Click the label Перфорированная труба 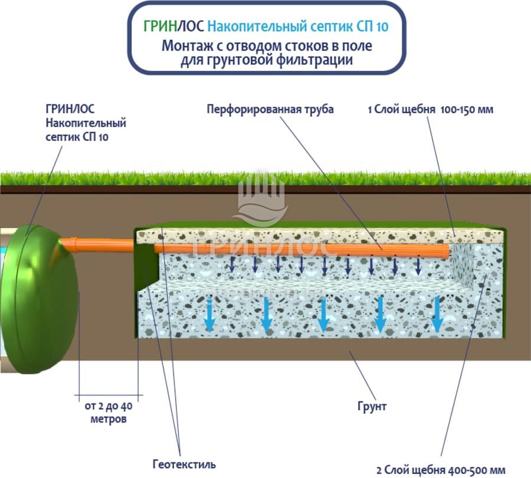tap(271, 109)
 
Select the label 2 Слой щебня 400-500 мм tap(441, 469)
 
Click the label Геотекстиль tap(184, 464)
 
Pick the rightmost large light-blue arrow tap(437, 314)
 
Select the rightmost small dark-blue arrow tap(418, 266)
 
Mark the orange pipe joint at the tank tap(70, 242)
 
